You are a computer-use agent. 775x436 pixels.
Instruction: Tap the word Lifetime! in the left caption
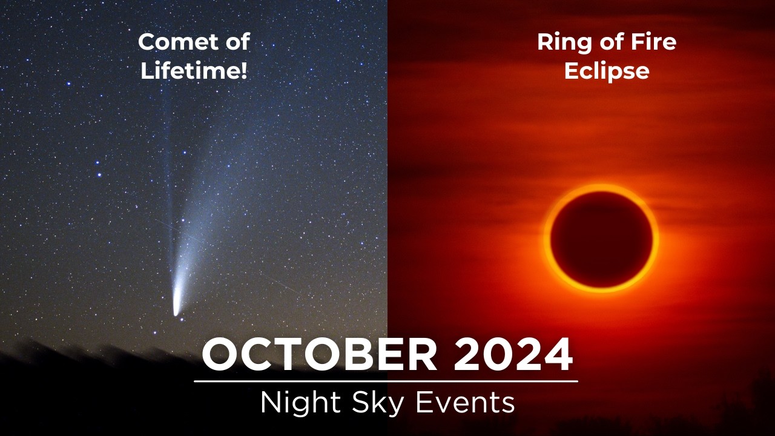194,71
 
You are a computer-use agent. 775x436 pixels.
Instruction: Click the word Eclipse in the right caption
607,71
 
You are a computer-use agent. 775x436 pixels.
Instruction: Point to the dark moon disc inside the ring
601,239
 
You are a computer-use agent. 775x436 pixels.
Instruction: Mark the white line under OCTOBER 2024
386,381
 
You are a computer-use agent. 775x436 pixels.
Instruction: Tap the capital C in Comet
146,42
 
